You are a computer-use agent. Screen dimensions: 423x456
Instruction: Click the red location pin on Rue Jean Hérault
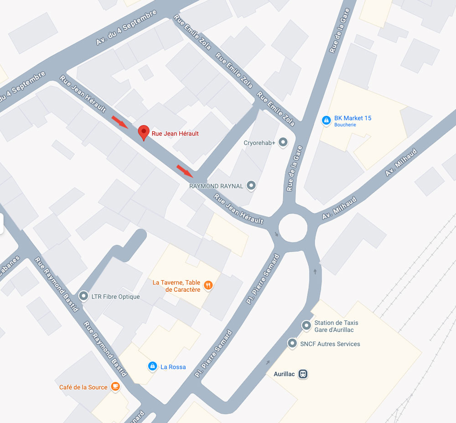tap(144, 132)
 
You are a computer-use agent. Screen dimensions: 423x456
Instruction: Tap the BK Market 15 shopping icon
tap(326, 120)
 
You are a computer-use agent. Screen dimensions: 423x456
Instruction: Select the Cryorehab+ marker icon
tap(283, 143)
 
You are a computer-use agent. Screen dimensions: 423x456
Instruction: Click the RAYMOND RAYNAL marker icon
tap(251, 186)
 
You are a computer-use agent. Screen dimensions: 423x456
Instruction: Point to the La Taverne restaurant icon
tap(208, 286)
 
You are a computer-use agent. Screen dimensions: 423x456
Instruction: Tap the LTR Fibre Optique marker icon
tap(83, 296)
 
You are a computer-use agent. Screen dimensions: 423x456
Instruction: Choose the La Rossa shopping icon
tap(152, 366)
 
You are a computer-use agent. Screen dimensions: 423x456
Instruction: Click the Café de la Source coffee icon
tap(115, 387)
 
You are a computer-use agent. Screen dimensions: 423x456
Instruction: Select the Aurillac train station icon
tap(303, 374)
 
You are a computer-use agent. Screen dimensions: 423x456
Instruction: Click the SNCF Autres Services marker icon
tap(292, 343)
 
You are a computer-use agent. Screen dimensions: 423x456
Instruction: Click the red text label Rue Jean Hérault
tap(175, 134)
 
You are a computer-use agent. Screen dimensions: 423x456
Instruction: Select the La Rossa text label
tap(173, 366)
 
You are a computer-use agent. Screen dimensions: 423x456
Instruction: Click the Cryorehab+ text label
tap(259, 143)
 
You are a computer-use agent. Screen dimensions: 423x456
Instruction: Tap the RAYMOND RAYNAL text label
tap(216, 186)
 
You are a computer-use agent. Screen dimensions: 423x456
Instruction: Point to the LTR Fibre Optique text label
tap(115, 297)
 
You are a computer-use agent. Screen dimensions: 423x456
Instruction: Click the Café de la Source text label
tap(83, 387)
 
